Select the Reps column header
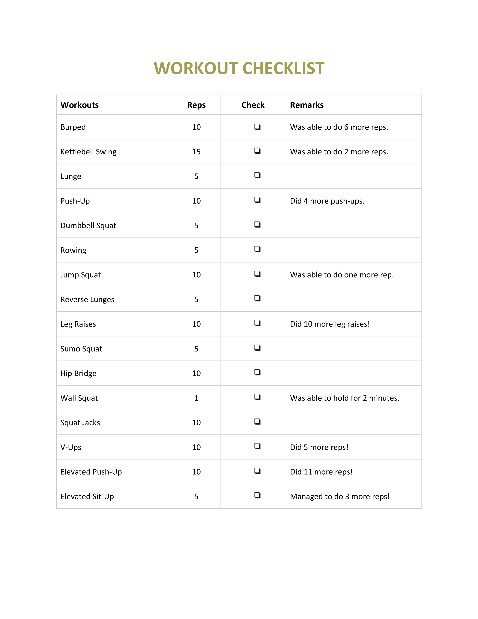point(196,105)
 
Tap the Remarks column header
point(307,105)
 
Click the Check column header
point(253,105)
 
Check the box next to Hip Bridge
point(257,372)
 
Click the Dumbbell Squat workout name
point(88,226)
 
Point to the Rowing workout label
point(73,250)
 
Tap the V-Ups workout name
point(71,447)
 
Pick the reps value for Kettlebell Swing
point(196,152)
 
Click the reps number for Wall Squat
point(196,398)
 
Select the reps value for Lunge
point(196,177)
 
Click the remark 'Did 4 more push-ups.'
point(327,201)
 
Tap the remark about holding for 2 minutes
point(345,398)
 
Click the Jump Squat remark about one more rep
point(342,275)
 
